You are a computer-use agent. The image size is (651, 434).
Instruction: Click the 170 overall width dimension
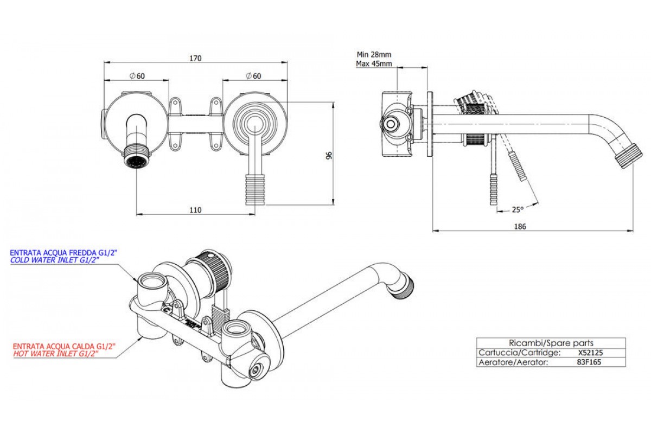[x=195, y=58]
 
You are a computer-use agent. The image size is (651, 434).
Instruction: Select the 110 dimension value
[x=195, y=210]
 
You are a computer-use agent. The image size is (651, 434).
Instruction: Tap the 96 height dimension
[x=329, y=156]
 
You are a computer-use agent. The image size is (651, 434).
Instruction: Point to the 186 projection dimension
[x=519, y=226]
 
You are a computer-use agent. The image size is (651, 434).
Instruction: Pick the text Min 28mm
[x=374, y=54]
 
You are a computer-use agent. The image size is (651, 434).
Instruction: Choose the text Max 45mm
[x=374, y=63]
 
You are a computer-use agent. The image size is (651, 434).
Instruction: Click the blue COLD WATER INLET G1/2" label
[x=55, y=261]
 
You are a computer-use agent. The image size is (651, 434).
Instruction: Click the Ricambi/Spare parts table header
[x=551, y=343]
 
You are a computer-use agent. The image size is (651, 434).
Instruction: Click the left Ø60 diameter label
[x=137, y=75]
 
